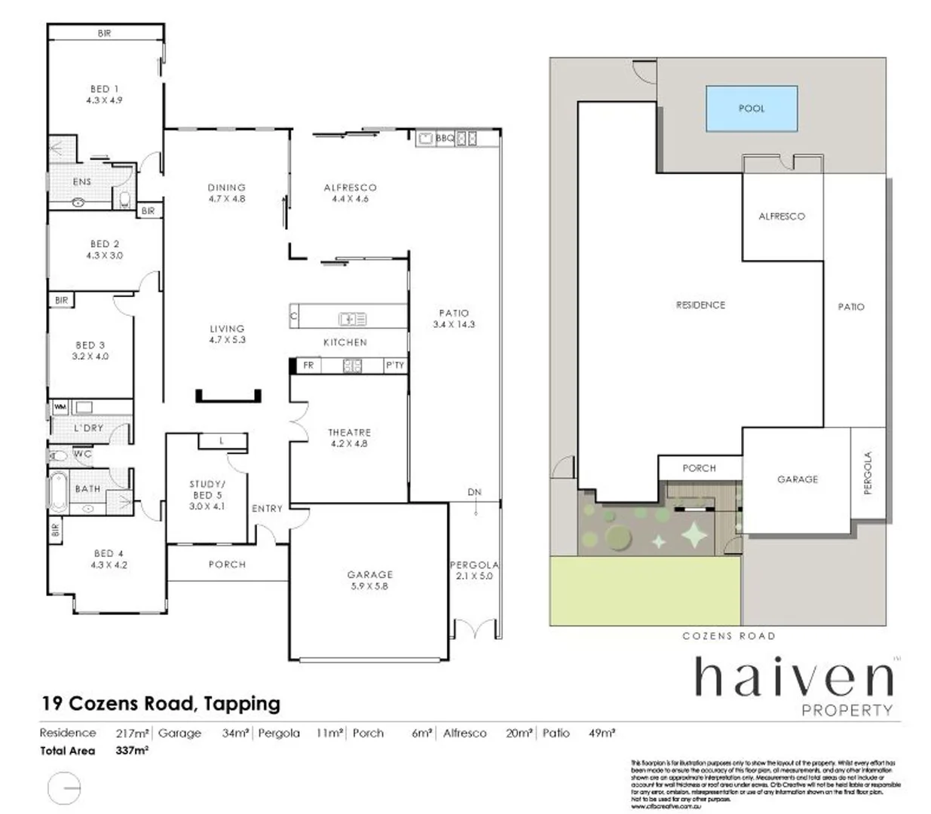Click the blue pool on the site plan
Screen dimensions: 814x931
click(x=751, y=109)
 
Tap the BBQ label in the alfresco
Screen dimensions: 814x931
click(x=445, y=138)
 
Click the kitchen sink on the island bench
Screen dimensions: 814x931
click(x=352, y=319)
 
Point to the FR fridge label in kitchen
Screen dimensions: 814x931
click(x=308, y=366)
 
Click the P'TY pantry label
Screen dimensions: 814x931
click(x=395, y=366)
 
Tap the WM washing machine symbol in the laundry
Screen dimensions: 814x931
click(x=60, y=408)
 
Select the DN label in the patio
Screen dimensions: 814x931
click(x=474, y=492)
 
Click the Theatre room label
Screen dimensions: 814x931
click(x=349, y=433)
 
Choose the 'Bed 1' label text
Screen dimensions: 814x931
click(x=104, y=89)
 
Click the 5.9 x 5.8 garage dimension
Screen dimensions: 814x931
click(x=369, y=586)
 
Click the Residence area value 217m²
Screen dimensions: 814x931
click(x=132, y=733)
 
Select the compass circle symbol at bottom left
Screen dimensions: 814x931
click(x=63, y=788)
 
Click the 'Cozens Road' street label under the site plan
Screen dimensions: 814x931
click(x=728, y=636)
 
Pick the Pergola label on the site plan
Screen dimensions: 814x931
click(x=868, y=473)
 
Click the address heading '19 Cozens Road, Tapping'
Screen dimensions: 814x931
click(x=161, y=704)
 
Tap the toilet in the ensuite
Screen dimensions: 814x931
click(x=125, y=200)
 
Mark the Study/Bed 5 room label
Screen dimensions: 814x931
click(x=207, y=490)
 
